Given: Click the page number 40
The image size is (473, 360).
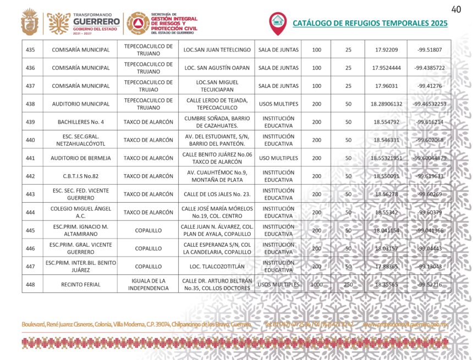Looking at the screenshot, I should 456,9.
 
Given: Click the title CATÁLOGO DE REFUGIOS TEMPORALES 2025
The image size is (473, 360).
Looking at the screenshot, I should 370,23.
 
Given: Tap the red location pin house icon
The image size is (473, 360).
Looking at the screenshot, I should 278,23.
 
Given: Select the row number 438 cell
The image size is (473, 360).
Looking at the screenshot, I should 31,104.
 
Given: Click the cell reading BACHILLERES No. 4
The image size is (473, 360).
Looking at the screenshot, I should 80,122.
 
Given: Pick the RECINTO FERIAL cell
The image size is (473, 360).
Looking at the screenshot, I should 80,284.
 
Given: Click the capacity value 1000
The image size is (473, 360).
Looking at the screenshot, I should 316,284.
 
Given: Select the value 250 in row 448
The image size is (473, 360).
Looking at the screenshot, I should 348,284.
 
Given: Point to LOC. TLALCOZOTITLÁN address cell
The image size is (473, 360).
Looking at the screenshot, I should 216,266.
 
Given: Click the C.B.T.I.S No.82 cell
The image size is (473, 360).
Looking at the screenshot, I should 80,176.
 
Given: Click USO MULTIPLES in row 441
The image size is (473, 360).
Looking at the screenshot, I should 278,158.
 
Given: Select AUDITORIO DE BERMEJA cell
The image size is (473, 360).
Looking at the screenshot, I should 80,158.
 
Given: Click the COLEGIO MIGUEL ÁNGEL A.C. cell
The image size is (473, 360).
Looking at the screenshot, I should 80,212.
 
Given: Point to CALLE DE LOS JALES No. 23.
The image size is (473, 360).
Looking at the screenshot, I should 216,194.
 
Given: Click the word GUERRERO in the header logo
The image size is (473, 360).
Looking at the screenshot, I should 96,22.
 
